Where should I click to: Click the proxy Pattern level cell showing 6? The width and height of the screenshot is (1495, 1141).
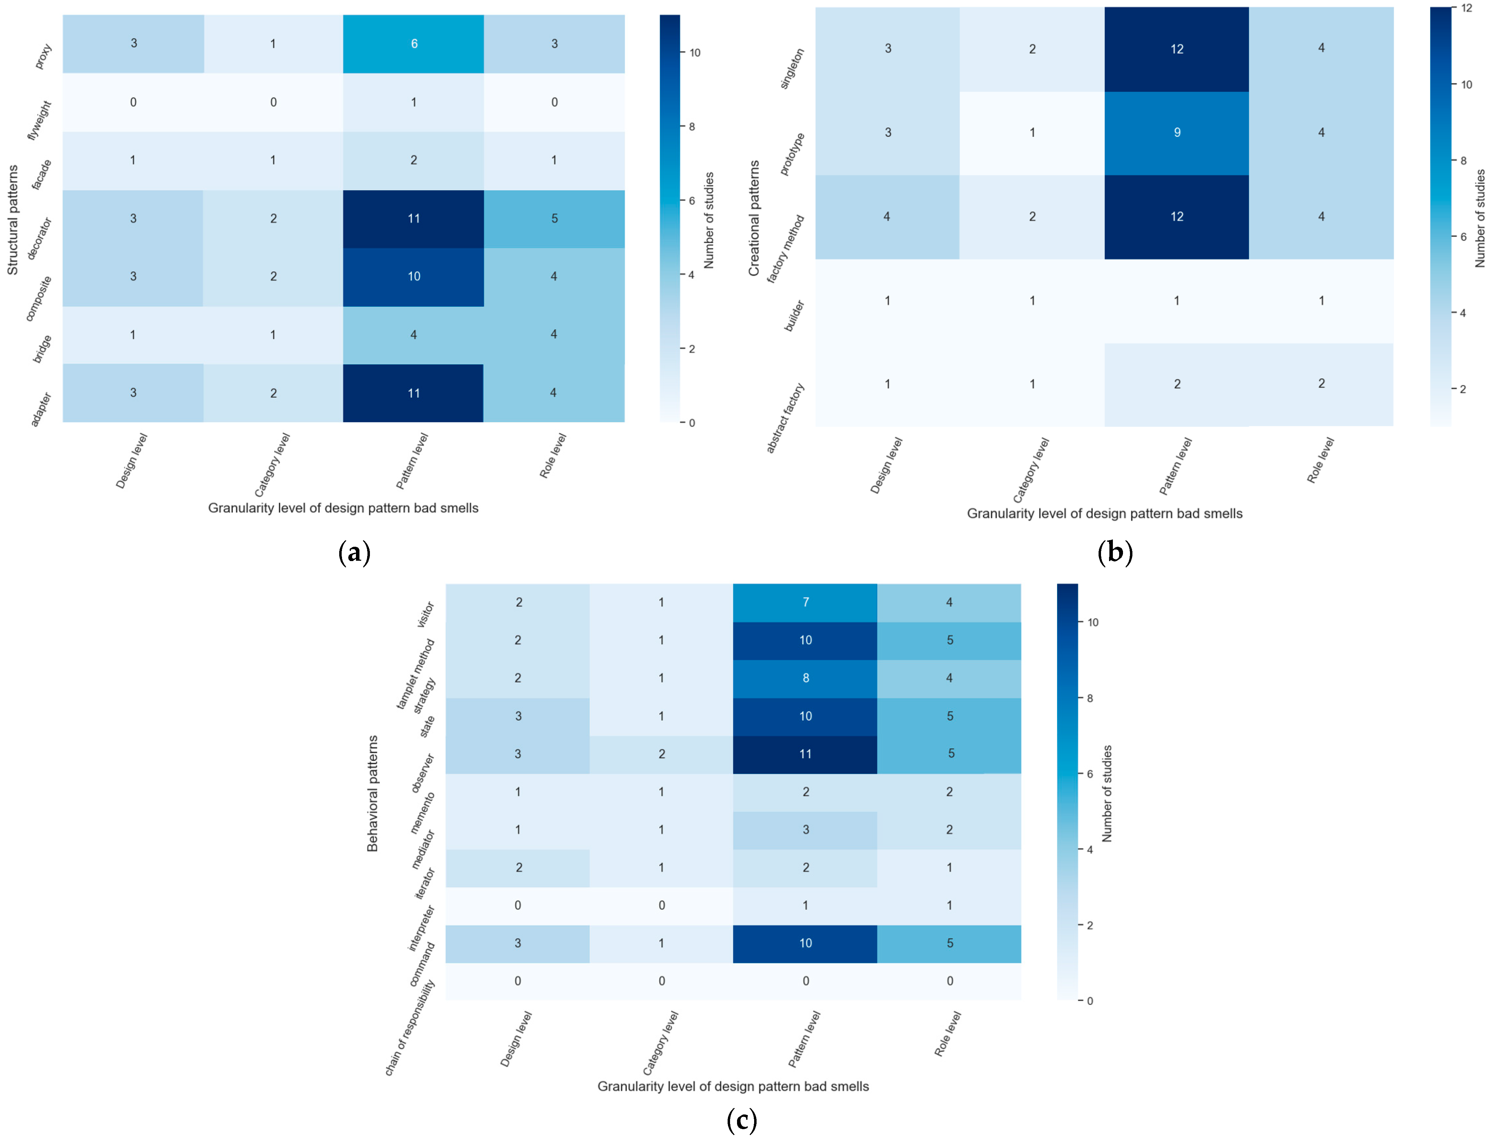(414, 43)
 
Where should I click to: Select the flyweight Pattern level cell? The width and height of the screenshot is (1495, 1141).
(414, 102)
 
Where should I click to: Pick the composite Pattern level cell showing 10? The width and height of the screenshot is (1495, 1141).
(414, 277)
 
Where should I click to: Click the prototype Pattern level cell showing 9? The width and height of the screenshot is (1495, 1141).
(1177, 132)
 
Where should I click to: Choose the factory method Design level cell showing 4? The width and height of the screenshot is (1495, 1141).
(887, 217)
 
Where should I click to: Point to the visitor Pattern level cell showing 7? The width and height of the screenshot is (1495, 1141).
(805, 602)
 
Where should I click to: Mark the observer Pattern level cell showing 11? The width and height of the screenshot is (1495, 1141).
(805, 754)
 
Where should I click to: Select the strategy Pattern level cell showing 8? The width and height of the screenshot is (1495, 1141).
(805, 678)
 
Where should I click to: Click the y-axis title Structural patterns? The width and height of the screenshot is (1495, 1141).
(13, 219)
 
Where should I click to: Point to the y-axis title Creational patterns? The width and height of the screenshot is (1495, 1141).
(754, 218)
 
